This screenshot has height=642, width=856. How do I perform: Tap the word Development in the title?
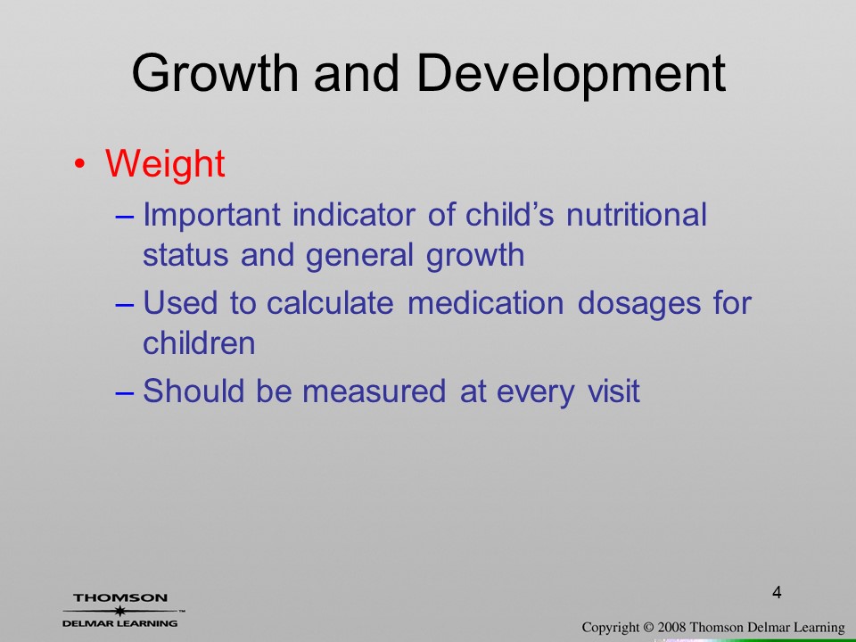(x=571, y=75)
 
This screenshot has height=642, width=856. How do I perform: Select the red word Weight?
(x=165, y=163)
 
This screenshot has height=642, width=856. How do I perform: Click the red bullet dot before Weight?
(x=79, y=164)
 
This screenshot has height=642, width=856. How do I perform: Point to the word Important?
(x=212, y=215)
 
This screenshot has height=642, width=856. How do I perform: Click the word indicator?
(x=354, y=214)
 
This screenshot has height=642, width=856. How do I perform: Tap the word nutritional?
(x=637, y=214)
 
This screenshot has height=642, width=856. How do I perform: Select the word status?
(x=185, y=255)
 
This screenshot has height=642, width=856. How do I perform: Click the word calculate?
(x=330, y=302)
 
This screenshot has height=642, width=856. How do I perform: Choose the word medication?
(x=485, y=302)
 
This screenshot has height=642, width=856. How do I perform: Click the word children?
(x=199, y=342)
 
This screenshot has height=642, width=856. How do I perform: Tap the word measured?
(x=374, y=391)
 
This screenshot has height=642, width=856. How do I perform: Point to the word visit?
(x=613, y=391)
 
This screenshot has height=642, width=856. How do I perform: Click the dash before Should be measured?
(x=125, y=392)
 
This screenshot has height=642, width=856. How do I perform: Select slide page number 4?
(x=777, y=592)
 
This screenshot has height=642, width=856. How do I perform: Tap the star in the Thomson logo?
(x=120, y=611)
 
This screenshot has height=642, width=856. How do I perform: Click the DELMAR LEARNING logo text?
(x=120, y=623)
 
